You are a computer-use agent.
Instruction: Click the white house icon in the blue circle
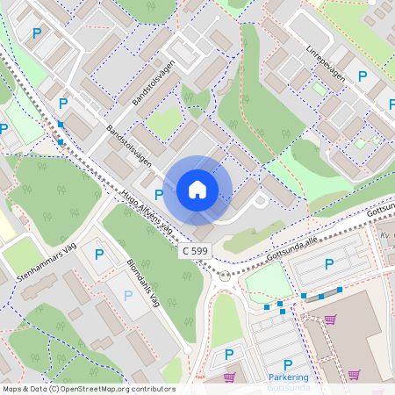pos(197,189)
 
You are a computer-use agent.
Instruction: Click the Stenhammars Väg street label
pos(47,263)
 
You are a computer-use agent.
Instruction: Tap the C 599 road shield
pos(197,251)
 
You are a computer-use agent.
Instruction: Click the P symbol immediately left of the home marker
pos(159,194)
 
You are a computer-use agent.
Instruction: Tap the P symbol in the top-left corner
pos(36,33)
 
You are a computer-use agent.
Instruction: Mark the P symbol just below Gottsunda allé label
pos(329,263)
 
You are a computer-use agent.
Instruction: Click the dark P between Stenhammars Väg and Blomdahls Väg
pos(98,255)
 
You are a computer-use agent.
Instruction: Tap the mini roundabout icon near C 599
pos(225,275)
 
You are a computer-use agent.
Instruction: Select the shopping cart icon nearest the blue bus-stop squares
pos(331,319)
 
